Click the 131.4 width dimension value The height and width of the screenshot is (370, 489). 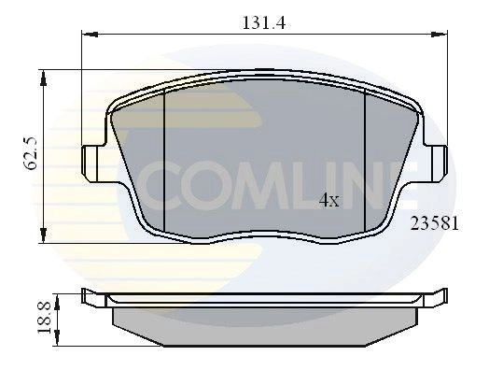coord(263,22)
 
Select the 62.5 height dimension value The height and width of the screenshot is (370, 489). coord(31,152)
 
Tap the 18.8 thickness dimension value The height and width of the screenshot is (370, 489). coord(44,318)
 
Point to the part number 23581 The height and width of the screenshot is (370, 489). coord(435,223)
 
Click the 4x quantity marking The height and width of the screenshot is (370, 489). coord(329,201)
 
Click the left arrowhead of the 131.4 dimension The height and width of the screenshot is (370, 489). coord(90,35)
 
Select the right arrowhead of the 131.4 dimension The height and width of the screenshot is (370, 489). coord(440,35)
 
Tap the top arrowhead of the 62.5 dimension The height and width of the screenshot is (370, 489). coord(43,78)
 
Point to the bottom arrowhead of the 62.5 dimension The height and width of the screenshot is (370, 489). coord(43,235)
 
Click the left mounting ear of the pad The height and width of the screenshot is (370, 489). coord(93,164)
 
